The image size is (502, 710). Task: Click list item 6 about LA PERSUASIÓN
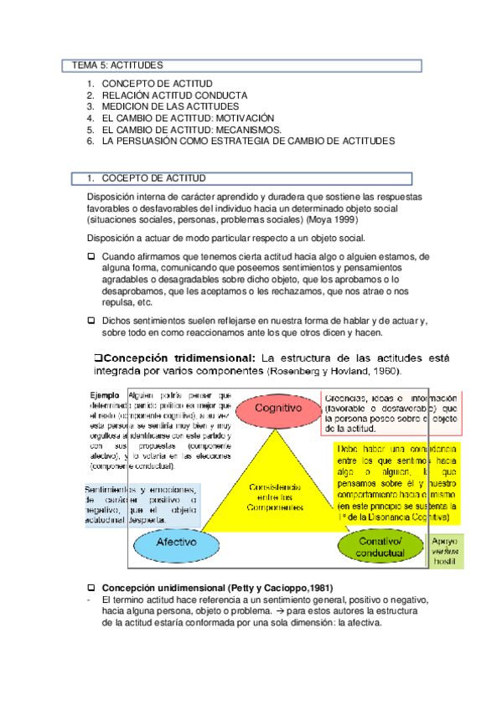pos(247,142)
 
